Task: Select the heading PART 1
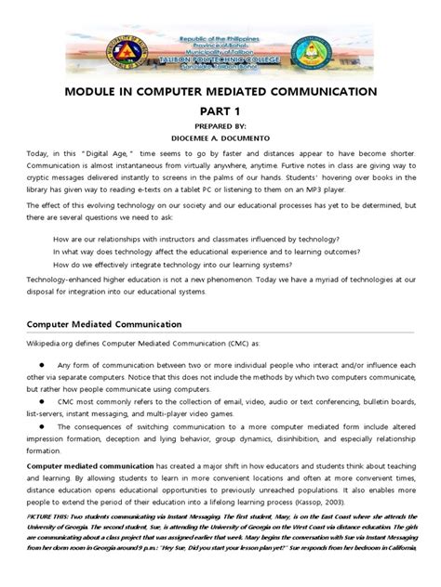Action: point(220,111)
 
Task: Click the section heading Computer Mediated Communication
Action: point(110,350)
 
